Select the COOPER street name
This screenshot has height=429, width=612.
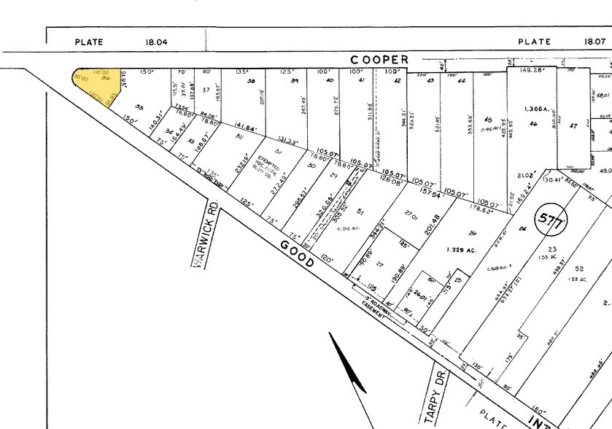pyautogui.click(x=380, y=59)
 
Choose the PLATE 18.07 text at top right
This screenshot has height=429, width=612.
pyautogui.click(x=562, y=42)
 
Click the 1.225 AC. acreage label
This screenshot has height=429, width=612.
pyautogui.click(x=461, y=250)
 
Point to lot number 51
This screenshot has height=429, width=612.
pyautogui.click(x=360, y=212)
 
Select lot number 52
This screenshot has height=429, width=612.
pyautogui.click(x=579, y=268)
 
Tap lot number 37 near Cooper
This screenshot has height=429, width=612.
pyautogui.click(x=206, y=90)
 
